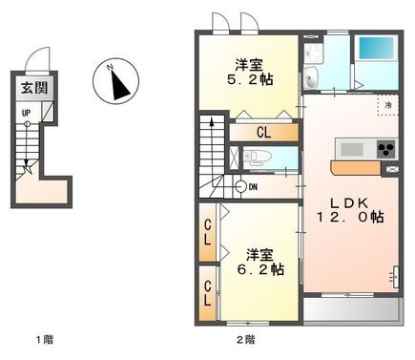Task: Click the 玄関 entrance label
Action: [x=33, y=89]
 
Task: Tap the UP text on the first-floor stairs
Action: [x=26, y=113]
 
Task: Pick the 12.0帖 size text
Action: [x=350, y=218]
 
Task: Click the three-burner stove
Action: [x=384, y=150]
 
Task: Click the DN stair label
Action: [x=252, y=187]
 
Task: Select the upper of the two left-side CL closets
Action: [x=208, y=233]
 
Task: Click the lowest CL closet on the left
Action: [x=208, y=291]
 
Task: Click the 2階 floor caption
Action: [x=245, y=340]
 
